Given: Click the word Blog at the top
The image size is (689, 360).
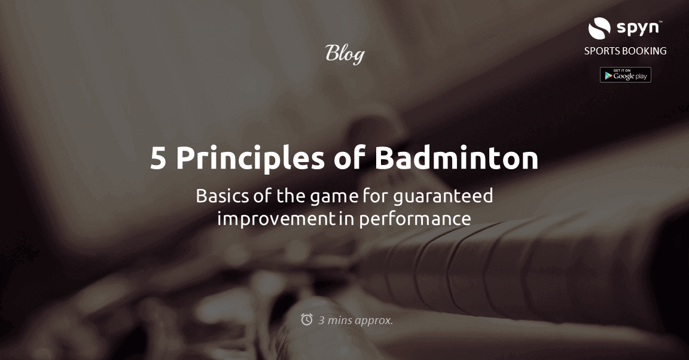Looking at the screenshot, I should click(344, 54).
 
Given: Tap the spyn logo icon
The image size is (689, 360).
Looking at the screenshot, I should click(599, 28).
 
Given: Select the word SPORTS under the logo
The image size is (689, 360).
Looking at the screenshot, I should click(603, 51).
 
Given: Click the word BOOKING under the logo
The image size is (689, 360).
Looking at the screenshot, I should click(645, 51).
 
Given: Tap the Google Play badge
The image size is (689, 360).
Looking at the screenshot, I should click(625, 75).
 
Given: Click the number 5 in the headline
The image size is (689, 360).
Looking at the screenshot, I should click(158, 159).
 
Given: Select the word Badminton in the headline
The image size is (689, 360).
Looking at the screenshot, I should click(456, 159).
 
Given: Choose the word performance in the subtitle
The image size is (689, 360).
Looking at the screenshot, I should click(414, 219).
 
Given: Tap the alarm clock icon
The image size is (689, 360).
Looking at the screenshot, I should click(307, 319).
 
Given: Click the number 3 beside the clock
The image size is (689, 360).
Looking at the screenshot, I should click(321, 320).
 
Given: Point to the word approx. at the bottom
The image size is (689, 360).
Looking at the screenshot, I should click(374, 321).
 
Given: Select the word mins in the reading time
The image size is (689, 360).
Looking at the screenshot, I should click(340, 320).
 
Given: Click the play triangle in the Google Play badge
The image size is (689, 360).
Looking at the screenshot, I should click(608, 75).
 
